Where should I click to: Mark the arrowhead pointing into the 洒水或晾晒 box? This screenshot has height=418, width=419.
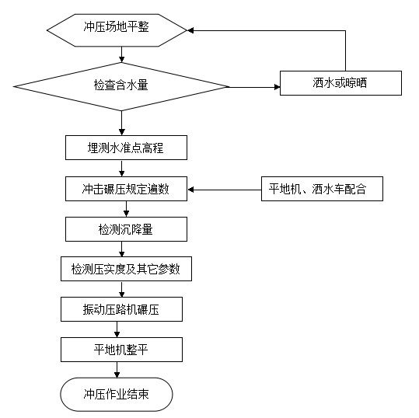(x=277, y=87)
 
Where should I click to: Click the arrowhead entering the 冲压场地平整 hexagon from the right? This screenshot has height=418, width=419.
(x=190, y=30)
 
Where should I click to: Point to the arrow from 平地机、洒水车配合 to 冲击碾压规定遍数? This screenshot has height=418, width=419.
(x=225, y=190)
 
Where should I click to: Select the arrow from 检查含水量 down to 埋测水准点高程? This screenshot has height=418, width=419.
(x=122, y=123)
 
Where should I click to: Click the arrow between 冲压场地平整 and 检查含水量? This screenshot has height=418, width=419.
(x=122, y=54)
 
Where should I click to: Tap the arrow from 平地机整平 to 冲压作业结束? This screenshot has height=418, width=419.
(x=117, y=370)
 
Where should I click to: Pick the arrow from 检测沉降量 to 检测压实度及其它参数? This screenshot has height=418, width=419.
(x=122, y=249)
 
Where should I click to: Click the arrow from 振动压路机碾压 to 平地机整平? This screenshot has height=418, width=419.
(x=117, y=329)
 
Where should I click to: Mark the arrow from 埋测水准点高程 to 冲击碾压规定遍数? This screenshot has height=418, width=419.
(x=122, y=169)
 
